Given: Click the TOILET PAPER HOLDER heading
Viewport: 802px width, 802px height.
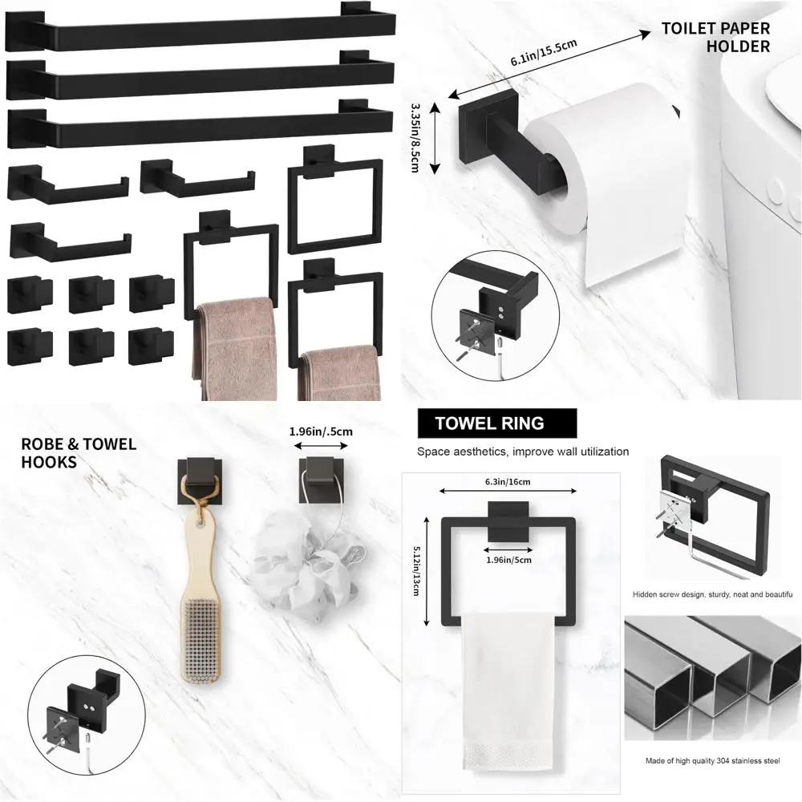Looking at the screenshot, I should click(715, 38).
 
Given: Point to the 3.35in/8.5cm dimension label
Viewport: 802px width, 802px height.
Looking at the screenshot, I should click(415, 136).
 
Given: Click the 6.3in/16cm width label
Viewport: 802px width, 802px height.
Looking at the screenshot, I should click(507, 481).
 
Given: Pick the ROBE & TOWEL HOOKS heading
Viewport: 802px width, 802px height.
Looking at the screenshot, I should click(79, 452).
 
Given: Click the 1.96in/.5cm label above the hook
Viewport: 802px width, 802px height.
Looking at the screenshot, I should click(321, 431).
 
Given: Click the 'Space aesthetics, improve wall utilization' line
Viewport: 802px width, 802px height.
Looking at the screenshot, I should click(523, 452).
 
